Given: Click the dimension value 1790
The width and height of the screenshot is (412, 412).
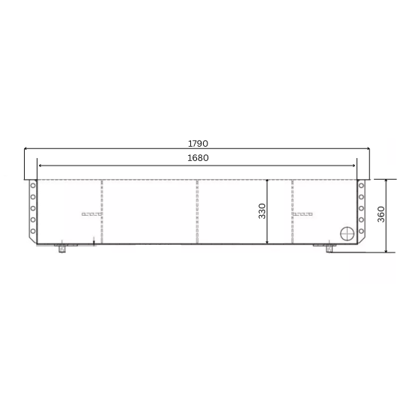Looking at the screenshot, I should click(x=198, y=143).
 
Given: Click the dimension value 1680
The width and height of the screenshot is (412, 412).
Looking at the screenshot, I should click(x=198, y=157).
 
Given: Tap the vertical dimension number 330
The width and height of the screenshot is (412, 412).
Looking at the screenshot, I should click(x=262, y=212).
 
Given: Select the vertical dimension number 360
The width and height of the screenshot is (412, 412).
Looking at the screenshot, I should click(x=381, y=215).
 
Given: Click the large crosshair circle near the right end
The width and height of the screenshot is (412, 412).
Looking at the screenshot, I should click(x=348, y=234).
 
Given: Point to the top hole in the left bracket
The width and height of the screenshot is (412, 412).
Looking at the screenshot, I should click(x=33, y=185).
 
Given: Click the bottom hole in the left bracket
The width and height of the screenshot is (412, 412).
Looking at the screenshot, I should click(x=33, y=231).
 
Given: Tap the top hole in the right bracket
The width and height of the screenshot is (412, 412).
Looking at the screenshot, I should click(x=361, y=185).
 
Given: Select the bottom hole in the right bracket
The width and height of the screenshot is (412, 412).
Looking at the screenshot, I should click(x=361, y=231).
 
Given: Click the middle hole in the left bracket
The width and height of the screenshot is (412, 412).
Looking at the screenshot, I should click(x=33, y=208).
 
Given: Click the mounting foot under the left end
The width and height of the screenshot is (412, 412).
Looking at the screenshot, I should click(x=63, y=248).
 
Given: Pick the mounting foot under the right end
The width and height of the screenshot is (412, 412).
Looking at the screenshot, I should click(x=329, y=248).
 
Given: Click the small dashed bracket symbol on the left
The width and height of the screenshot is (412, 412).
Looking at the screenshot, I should click(x=91, y=214).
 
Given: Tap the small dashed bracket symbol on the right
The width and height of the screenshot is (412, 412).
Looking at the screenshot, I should click(x=302, y=214).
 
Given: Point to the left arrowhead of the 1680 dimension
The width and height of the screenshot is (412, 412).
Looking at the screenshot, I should click(x=40, y=166).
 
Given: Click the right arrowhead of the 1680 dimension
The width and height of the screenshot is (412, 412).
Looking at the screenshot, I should click(x=355, y=166).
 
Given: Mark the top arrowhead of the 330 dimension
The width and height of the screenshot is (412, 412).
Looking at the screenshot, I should click(x=267, y=181).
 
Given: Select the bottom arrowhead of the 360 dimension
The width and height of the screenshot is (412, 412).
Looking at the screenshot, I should click(x=387, y=250).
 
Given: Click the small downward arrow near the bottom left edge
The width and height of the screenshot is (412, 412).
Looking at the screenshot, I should click(x=94, y=240).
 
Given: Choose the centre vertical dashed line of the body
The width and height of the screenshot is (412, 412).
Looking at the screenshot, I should click(x=197, y=212).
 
